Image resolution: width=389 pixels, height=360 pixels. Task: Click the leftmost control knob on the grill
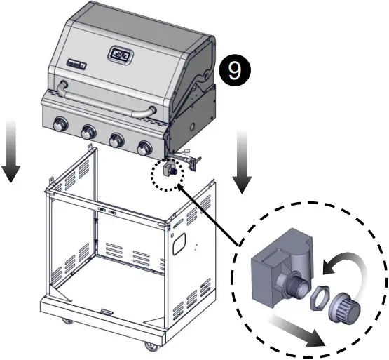click(58, 126)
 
